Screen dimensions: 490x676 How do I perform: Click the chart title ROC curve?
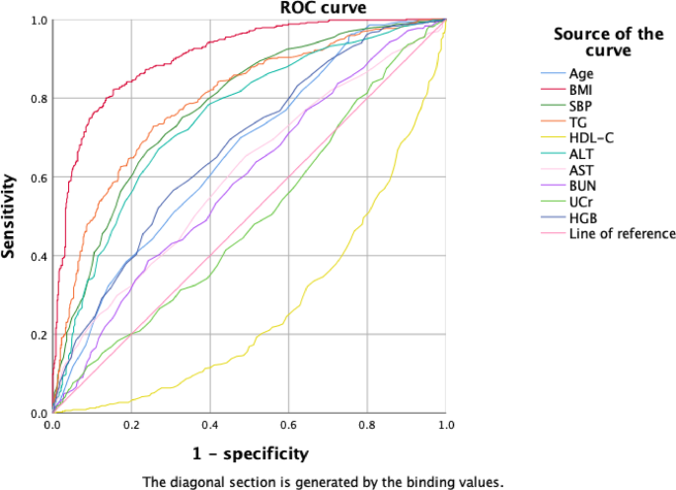(251, 9)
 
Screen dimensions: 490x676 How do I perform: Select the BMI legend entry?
(582, 90)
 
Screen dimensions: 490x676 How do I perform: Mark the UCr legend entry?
(582, 202)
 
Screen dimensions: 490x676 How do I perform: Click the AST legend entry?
(581, 170)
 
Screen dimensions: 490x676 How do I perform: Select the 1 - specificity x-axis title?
(250, 453)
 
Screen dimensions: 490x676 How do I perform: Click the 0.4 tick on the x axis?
(209, 425)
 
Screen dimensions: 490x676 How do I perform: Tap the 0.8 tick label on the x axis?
(367, 425)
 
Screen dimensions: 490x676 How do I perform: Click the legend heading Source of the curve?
(608, 42)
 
